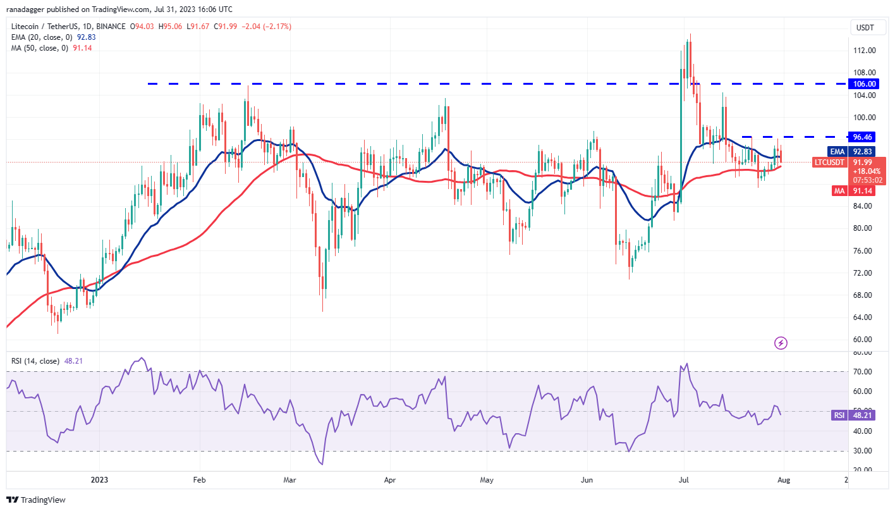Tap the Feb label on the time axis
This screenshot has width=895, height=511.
[x=199, y=480]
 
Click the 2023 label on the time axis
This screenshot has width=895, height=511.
[x=100, y=480]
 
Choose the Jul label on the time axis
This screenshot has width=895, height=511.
[x=684, y=480]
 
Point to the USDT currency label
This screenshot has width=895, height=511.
[x=865, y=27]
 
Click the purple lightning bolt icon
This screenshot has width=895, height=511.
[x=781, y=343]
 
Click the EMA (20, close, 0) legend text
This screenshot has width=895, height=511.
[x=43, y=37]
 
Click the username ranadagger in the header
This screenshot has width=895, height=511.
[x=29, y=9]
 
